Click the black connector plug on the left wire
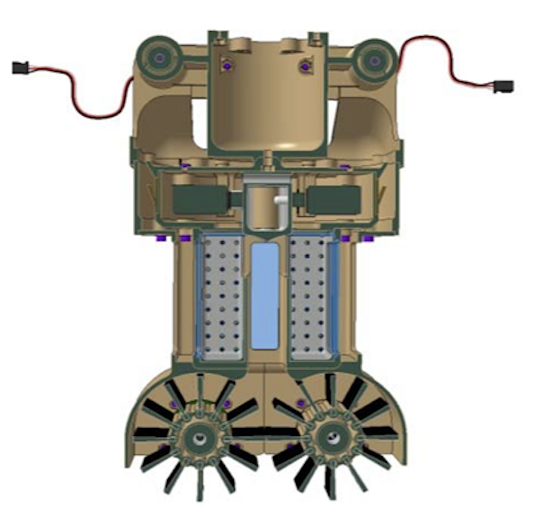click(20, 68)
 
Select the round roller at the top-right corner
click(374, 60)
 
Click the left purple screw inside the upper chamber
click(227, 66)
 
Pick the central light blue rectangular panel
click(264, 296)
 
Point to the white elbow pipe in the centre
click(279, 201)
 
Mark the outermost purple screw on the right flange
click(368, 239)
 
